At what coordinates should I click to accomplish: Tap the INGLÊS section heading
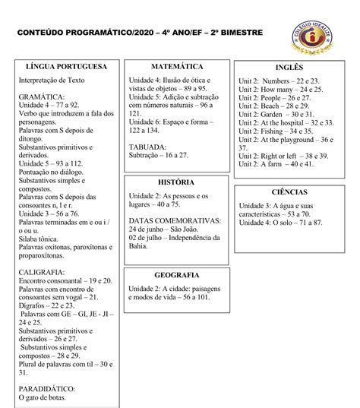tap(289, 68)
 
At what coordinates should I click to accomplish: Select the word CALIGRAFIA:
tap(43, 271)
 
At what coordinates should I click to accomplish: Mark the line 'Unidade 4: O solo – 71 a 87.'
tap(280, 222)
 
